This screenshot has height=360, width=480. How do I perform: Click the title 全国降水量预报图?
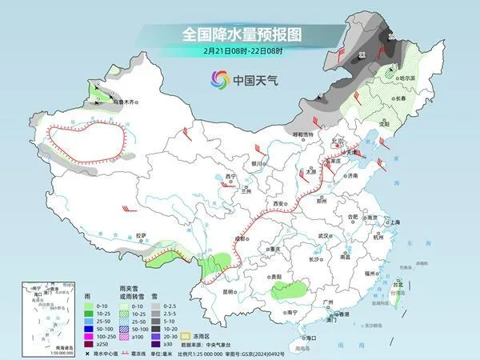240,34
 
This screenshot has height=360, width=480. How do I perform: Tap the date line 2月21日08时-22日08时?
240,52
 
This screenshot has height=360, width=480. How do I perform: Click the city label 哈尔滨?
408,78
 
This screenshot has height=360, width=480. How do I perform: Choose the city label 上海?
393,222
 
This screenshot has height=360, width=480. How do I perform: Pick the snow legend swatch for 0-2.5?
157,305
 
